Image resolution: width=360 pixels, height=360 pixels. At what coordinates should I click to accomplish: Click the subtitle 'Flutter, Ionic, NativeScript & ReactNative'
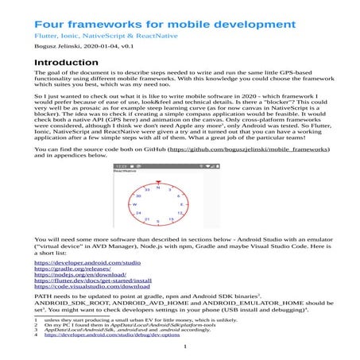click(x=104, y=37)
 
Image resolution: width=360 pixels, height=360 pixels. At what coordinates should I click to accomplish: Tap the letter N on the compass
click(x=159, y=188)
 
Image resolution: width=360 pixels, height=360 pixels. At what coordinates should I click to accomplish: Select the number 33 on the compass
click(x=147, y=191)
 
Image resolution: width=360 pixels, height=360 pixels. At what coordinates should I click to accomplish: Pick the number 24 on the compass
click(x=139, y=213)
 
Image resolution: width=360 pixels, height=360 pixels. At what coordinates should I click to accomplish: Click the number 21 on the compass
click(x=148, y=219)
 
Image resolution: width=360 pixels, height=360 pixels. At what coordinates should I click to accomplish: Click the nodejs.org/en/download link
click(x=79, y=277)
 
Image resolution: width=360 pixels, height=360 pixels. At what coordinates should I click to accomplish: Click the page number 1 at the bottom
click(x=184, y=346)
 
